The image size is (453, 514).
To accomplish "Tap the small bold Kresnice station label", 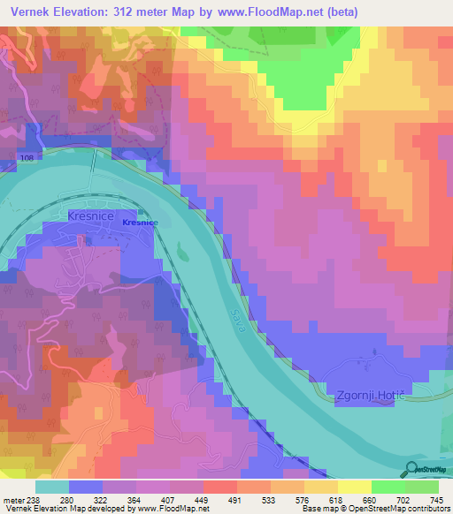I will point(140,223).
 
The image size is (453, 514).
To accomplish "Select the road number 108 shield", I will point(32,159).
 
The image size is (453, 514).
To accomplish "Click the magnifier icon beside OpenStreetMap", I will point(408,469).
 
